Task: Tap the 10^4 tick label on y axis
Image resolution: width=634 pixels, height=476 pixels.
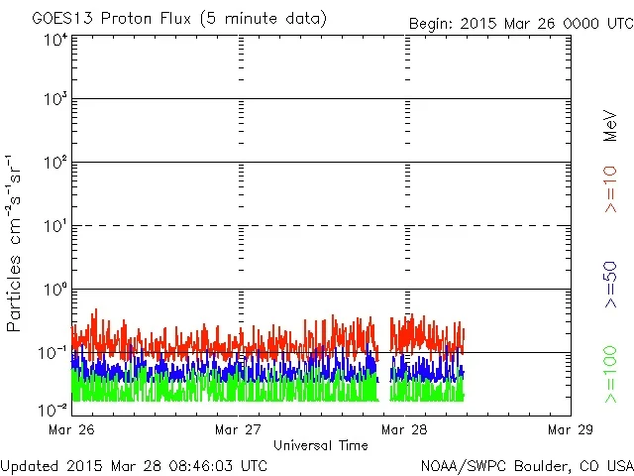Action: click(x=55, y=40)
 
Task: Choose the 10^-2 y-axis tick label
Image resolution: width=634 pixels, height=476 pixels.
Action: click(x=53, y=409)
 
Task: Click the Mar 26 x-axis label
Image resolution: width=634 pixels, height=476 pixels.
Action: click(x=72, y=430)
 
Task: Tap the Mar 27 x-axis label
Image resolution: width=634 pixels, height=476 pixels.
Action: click(x=239, y=430)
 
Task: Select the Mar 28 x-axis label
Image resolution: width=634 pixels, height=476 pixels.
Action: click(x=406, y=430)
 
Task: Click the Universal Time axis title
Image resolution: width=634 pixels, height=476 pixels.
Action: click(x=321, y=445)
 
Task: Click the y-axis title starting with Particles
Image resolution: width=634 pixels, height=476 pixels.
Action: click(x=16, y=242)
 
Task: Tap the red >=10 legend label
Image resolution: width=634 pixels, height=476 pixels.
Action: click(x=611, y=188)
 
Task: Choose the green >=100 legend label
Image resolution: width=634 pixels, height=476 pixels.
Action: click(x=611, y=374)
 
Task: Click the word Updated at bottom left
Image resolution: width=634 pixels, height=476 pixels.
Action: click(x=28, y=464)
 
